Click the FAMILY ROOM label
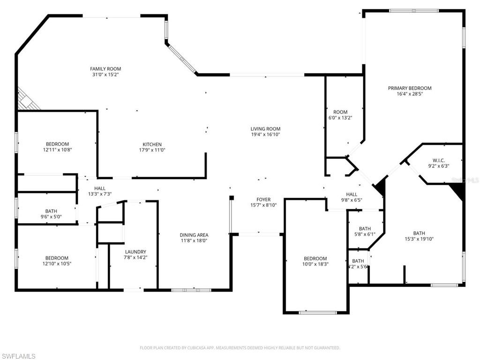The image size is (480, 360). pos(105,69)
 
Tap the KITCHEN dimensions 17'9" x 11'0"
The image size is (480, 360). pos(152,150)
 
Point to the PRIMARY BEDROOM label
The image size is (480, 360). pos(410,88)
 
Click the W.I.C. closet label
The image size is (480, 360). pos(439,160)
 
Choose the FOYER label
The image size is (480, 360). pos(263,200)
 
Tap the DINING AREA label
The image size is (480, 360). pos(194,235)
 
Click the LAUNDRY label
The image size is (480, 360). pos(135,252)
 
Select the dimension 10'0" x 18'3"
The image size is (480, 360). pos(315,264)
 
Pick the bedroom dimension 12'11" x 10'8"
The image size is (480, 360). pos(57,150)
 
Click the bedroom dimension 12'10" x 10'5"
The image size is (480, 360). pos(57,263)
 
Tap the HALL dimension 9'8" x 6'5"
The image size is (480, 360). pos(352,200)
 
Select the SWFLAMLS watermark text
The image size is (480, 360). pos(19,356)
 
